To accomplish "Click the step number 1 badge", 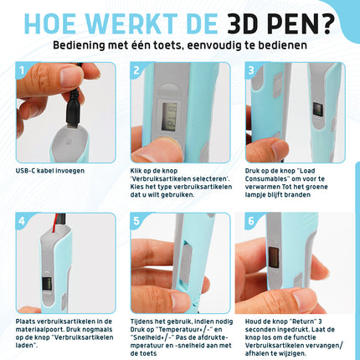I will coord(23,72).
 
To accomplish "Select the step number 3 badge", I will coord(251,72).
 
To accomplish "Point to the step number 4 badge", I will coord(23,222).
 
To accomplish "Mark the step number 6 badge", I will coord(251,222).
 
